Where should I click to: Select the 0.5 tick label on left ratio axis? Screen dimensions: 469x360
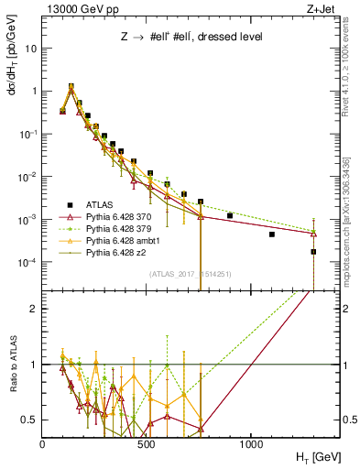(28, 420)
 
